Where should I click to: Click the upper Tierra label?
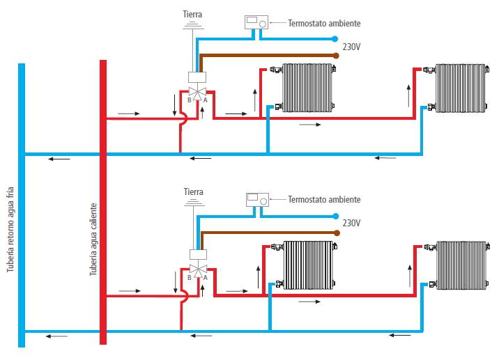(x=194, y=14)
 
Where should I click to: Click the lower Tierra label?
(x=194, y=191)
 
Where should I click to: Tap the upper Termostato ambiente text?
(x=324, y=23)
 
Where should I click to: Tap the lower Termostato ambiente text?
(x=324, y=199)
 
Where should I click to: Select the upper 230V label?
(x=352, y=47)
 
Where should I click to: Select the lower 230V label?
(x=352, y=223)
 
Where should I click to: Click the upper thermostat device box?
(x=256, y=23)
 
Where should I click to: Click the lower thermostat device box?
(x=256, y=200)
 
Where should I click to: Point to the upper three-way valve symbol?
(x=197, y=93)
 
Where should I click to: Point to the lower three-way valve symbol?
(x=198, y=269)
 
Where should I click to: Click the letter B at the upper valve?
(x=189, y=101)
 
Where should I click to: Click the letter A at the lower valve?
(x=206, y=278)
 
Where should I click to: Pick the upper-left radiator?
(x=308, y=87)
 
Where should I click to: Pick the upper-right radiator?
(x=460, y=87)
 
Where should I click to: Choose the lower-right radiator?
(x=460, y=265)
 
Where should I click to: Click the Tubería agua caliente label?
(x=93, y=240)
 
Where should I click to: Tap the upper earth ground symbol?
(x=194, y=26)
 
